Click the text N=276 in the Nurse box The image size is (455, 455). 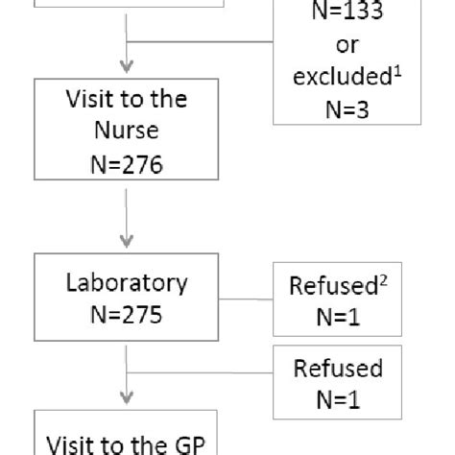point(128,164)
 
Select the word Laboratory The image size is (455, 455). point(128,284)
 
